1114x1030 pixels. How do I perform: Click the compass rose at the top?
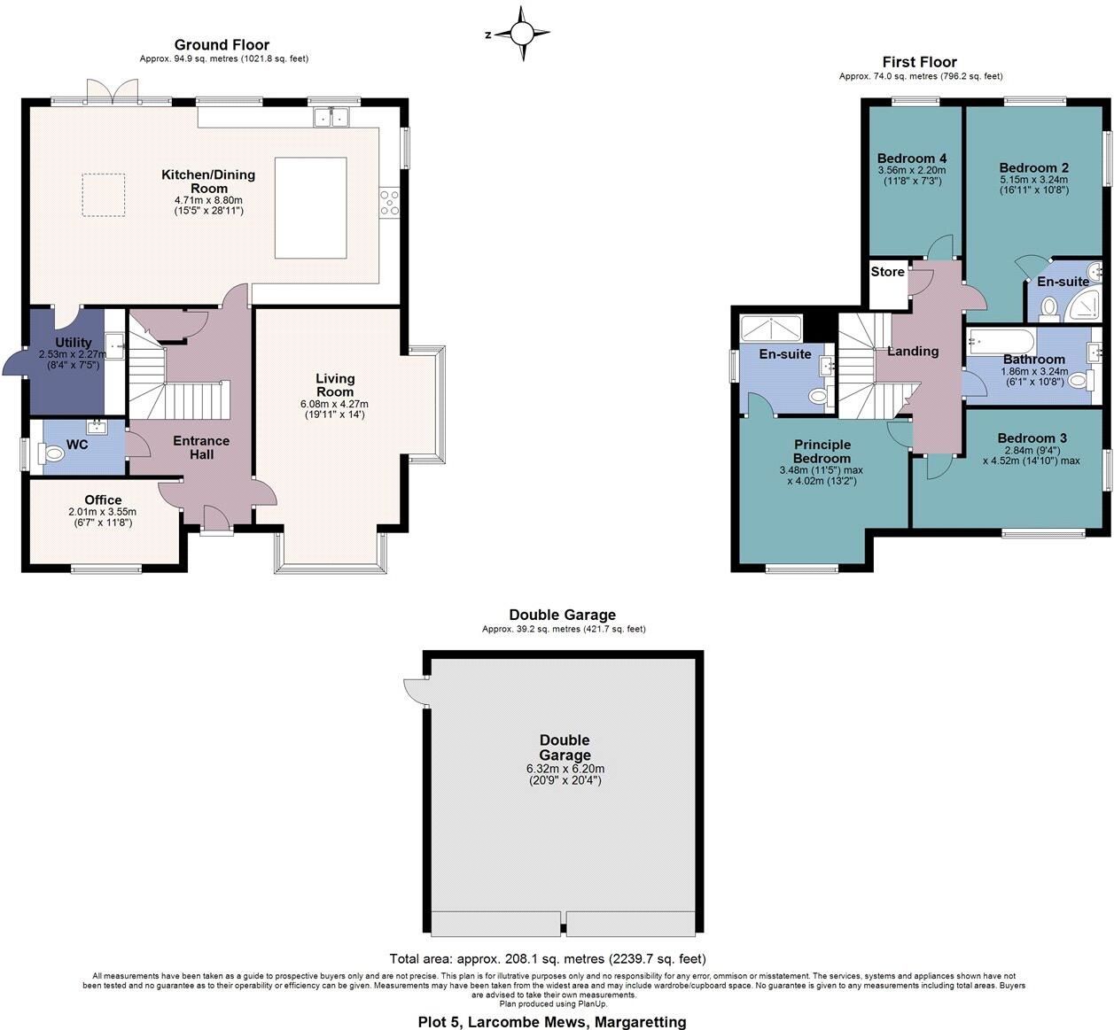point(522,34)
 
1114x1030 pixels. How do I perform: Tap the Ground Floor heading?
point(222,45)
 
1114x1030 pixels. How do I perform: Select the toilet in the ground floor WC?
point(51,453)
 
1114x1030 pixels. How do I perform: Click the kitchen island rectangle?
point(310,208)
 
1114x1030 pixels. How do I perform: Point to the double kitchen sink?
point(331,117)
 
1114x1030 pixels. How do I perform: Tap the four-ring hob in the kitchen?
point(389,203)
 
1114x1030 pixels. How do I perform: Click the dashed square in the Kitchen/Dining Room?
point(104,195)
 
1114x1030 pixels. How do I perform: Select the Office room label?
point(103,500)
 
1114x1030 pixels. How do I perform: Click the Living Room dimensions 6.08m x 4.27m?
point(334,404)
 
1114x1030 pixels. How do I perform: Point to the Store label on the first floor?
point(887,272)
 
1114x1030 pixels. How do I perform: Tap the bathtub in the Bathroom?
point(1001,341)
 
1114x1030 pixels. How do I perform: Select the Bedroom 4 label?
point(912,159)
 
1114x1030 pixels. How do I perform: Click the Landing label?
point(913,352)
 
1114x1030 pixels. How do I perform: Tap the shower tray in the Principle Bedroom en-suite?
point(771,329)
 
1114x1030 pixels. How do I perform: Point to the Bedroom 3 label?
point(1032,438)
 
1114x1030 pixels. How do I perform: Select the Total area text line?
point(548,958)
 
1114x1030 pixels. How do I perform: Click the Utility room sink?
point(114,345)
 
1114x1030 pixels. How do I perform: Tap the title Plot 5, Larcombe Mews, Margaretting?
point(552,1022)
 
